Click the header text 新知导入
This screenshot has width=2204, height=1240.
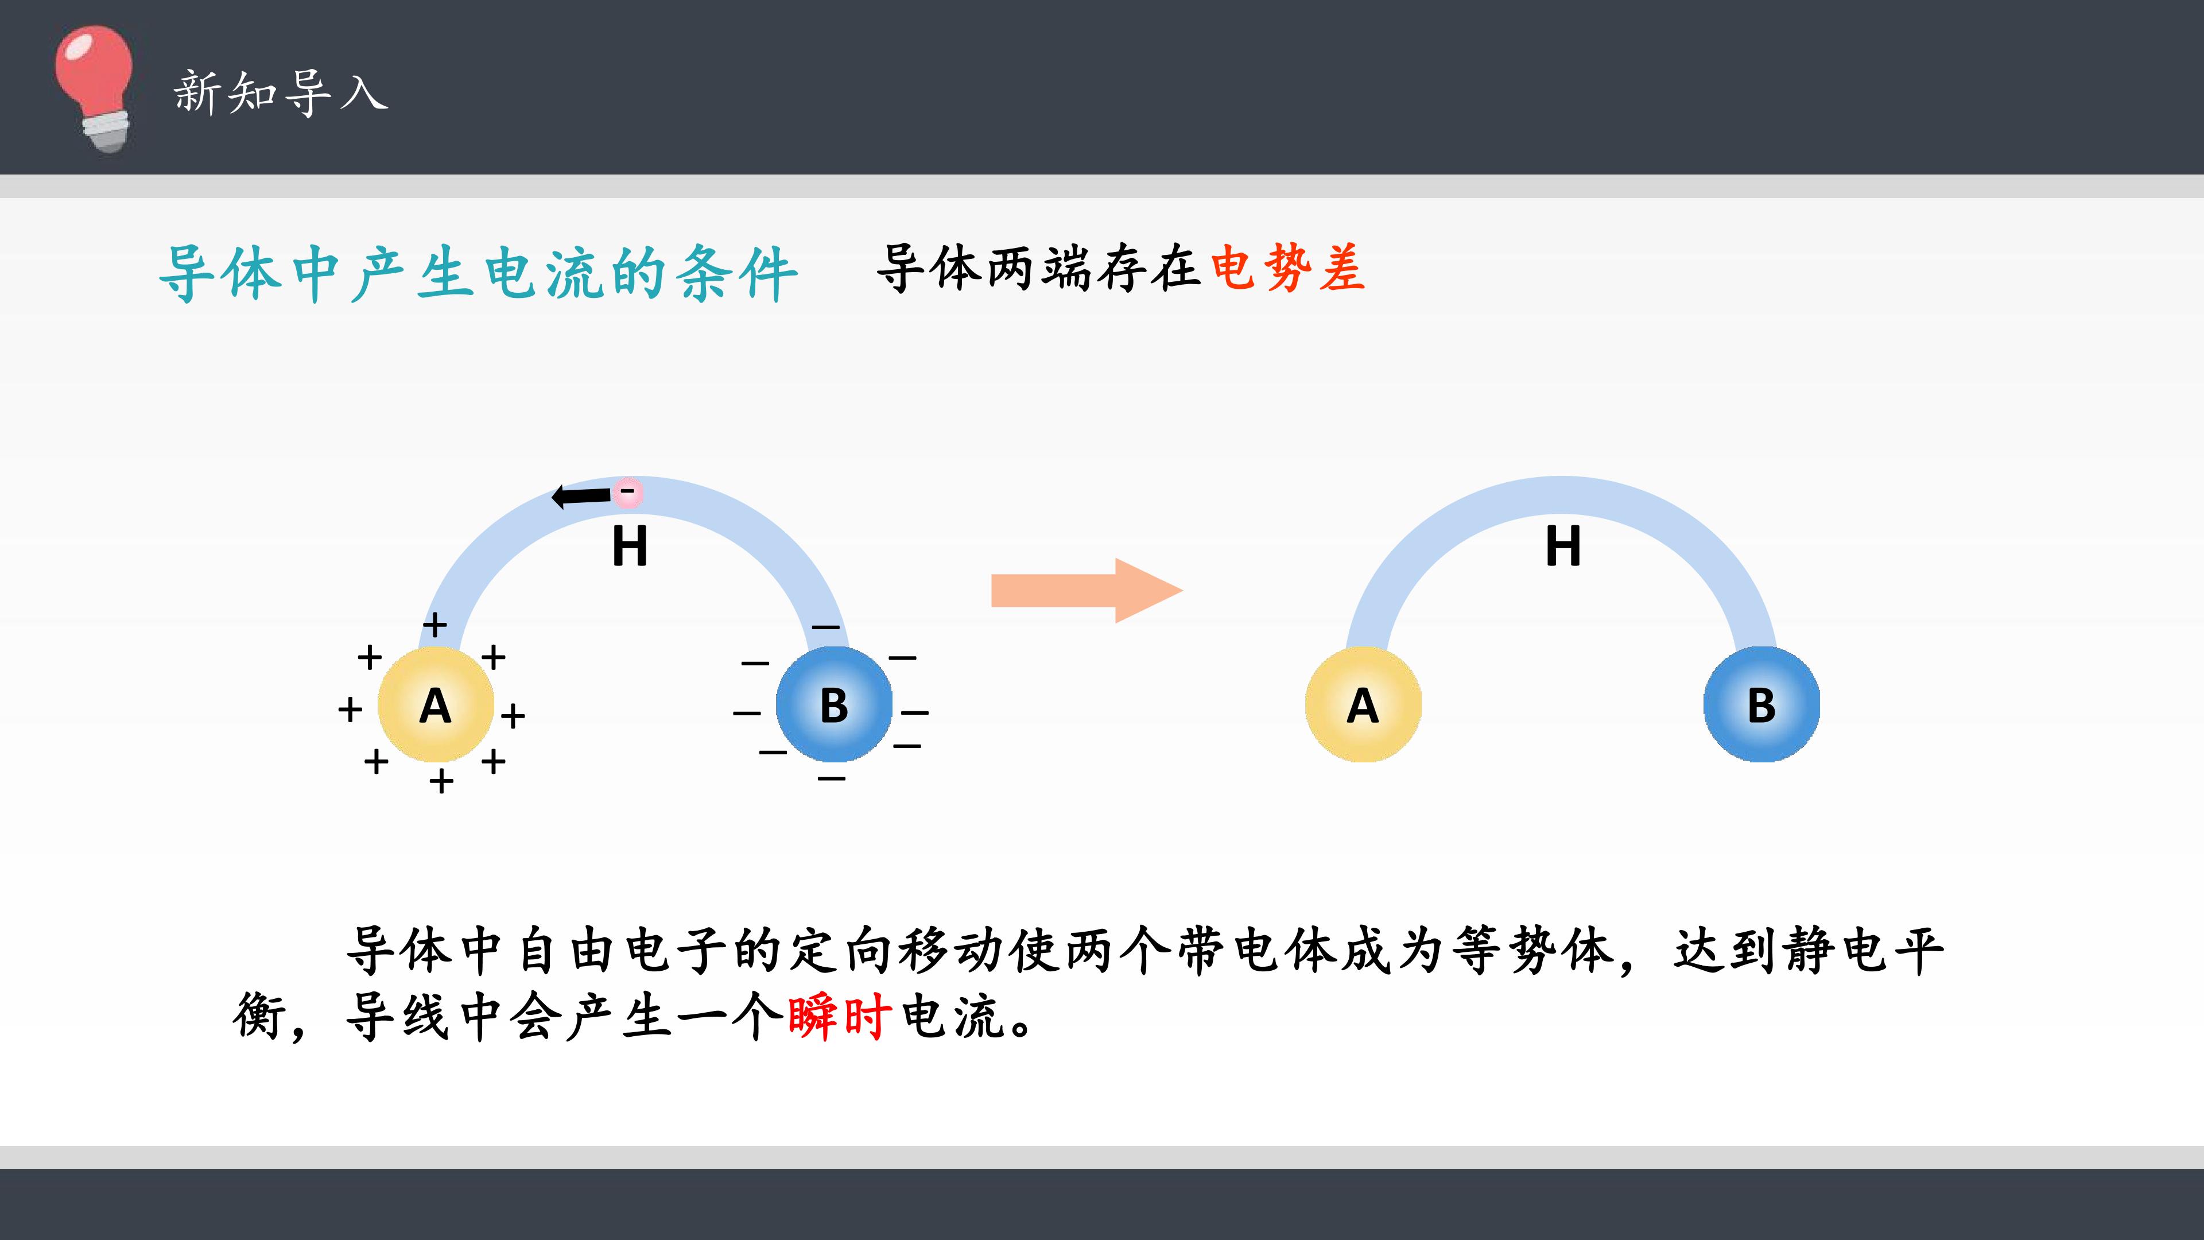pos(281,92)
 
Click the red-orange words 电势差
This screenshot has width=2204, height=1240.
pos(1287,269)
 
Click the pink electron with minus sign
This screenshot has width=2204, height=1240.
pos(627,491)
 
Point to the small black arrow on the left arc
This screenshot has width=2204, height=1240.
pos(582,495)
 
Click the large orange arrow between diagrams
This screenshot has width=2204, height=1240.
pos(1087,591)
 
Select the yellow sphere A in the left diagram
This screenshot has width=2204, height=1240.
pos(436,704)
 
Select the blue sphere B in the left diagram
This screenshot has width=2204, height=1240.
pos(834,704)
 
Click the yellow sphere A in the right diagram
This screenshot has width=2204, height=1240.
pos(1363,704)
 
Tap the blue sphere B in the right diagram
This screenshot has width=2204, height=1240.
pos(1761,704)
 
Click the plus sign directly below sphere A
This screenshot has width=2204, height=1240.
pos(441,781)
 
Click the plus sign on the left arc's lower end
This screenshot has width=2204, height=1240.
pos(434,624)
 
